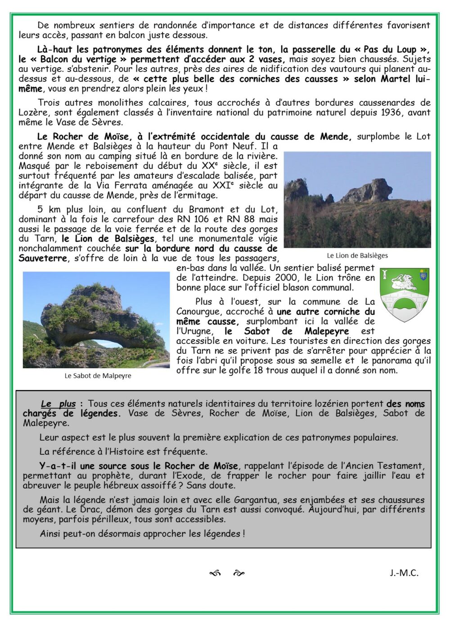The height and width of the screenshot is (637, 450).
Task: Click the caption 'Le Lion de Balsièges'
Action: pyautogui.click(x=357, y=256)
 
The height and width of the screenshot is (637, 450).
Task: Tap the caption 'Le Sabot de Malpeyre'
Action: pyautogui.click(x=98, y=375)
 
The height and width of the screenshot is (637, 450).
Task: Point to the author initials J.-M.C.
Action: pyautogui.click(x=404, y=573)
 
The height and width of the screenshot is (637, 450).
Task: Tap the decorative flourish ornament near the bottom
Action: pyautogui.click(x=227, y=573)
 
